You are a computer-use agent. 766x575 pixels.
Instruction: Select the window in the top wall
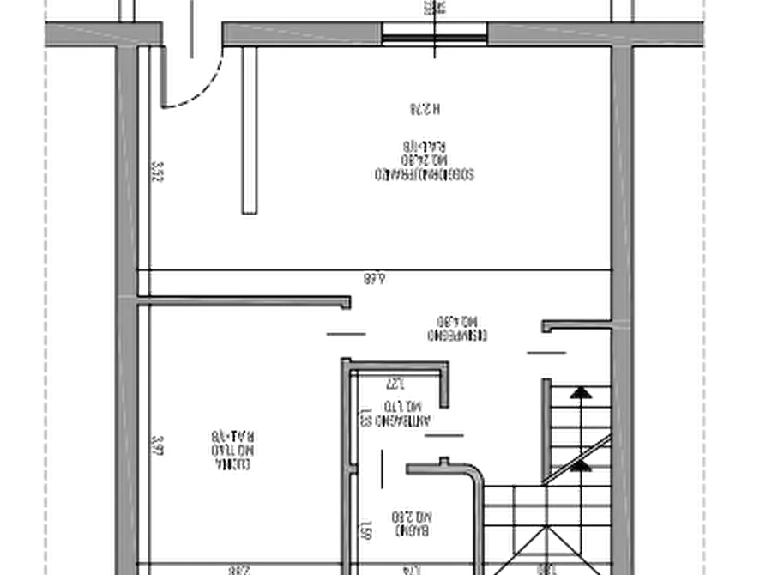435,34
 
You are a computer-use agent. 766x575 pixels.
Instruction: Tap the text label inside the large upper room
423,159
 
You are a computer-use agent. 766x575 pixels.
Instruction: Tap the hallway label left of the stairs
455,327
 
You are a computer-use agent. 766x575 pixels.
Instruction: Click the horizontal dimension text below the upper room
373,279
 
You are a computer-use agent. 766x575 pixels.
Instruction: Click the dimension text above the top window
435,9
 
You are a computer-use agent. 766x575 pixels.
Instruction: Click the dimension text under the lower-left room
241,568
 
